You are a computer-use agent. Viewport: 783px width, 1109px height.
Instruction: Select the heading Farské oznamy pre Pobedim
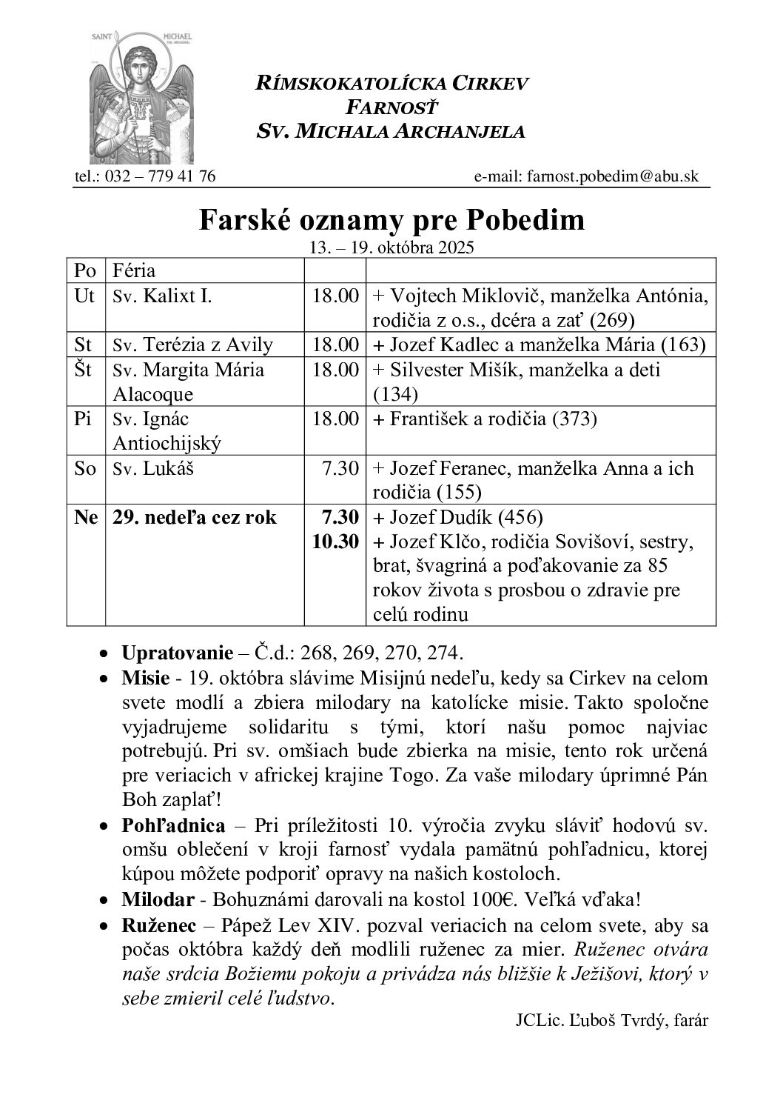click(391, 220)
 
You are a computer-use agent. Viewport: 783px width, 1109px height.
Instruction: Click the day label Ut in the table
click(85, 296)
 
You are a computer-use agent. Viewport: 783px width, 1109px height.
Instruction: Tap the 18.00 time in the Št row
click(335, 370)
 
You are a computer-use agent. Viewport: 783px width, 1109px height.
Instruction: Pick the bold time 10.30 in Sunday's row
click(335, 542)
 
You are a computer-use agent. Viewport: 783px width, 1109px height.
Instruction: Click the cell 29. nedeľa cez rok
click(194, 518)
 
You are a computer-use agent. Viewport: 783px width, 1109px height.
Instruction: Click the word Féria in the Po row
click(134, 270)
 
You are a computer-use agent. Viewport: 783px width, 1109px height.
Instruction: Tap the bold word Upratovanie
click(167, 653)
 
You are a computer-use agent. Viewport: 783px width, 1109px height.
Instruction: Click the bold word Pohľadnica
click(173, 825)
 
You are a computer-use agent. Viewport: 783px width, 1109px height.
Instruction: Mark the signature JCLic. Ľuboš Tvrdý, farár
click(612, 1020)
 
